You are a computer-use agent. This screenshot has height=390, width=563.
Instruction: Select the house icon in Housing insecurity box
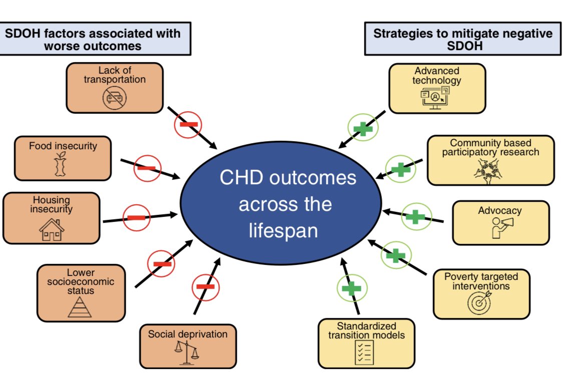pos(52,230)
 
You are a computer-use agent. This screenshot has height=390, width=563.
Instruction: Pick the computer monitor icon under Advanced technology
pos(434,98)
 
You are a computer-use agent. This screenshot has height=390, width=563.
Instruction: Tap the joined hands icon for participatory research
pos(489,169)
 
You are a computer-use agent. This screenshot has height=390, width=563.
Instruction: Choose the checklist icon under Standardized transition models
pos(365,352)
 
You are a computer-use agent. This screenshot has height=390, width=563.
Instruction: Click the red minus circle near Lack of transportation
pos(188,124)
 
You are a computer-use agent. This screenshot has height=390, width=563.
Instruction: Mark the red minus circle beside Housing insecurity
pos(137,218)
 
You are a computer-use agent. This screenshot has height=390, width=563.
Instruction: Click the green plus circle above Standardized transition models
pos(351,288)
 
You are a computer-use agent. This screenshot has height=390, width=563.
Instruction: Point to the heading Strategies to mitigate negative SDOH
pos(463,39)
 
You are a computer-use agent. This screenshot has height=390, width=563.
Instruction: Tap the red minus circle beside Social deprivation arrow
pos(206,286)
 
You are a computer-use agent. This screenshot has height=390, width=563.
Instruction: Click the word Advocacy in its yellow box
pos(499,210)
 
